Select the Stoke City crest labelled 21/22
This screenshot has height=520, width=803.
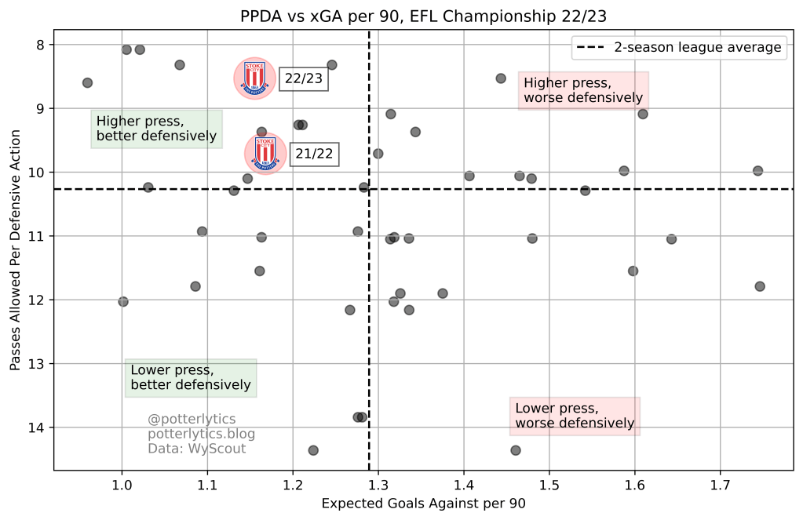click(265, 153)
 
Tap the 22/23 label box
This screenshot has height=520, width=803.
click(304, 78)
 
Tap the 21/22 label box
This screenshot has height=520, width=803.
click(315, 155)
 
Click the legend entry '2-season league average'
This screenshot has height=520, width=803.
click(679, 48)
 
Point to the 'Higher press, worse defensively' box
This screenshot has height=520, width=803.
click(583, 90)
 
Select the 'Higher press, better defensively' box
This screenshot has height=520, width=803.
click(156, 129)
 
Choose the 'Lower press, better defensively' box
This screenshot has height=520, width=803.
click(191, 378)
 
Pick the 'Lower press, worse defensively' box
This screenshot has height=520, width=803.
click(575, 416)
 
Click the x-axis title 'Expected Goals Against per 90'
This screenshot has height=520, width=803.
click(424, 504)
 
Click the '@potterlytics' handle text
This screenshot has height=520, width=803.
click(192, 419)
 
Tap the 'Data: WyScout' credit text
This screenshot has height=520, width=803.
click(196, 449)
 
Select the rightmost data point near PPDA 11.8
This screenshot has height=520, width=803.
click(759, 286)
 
